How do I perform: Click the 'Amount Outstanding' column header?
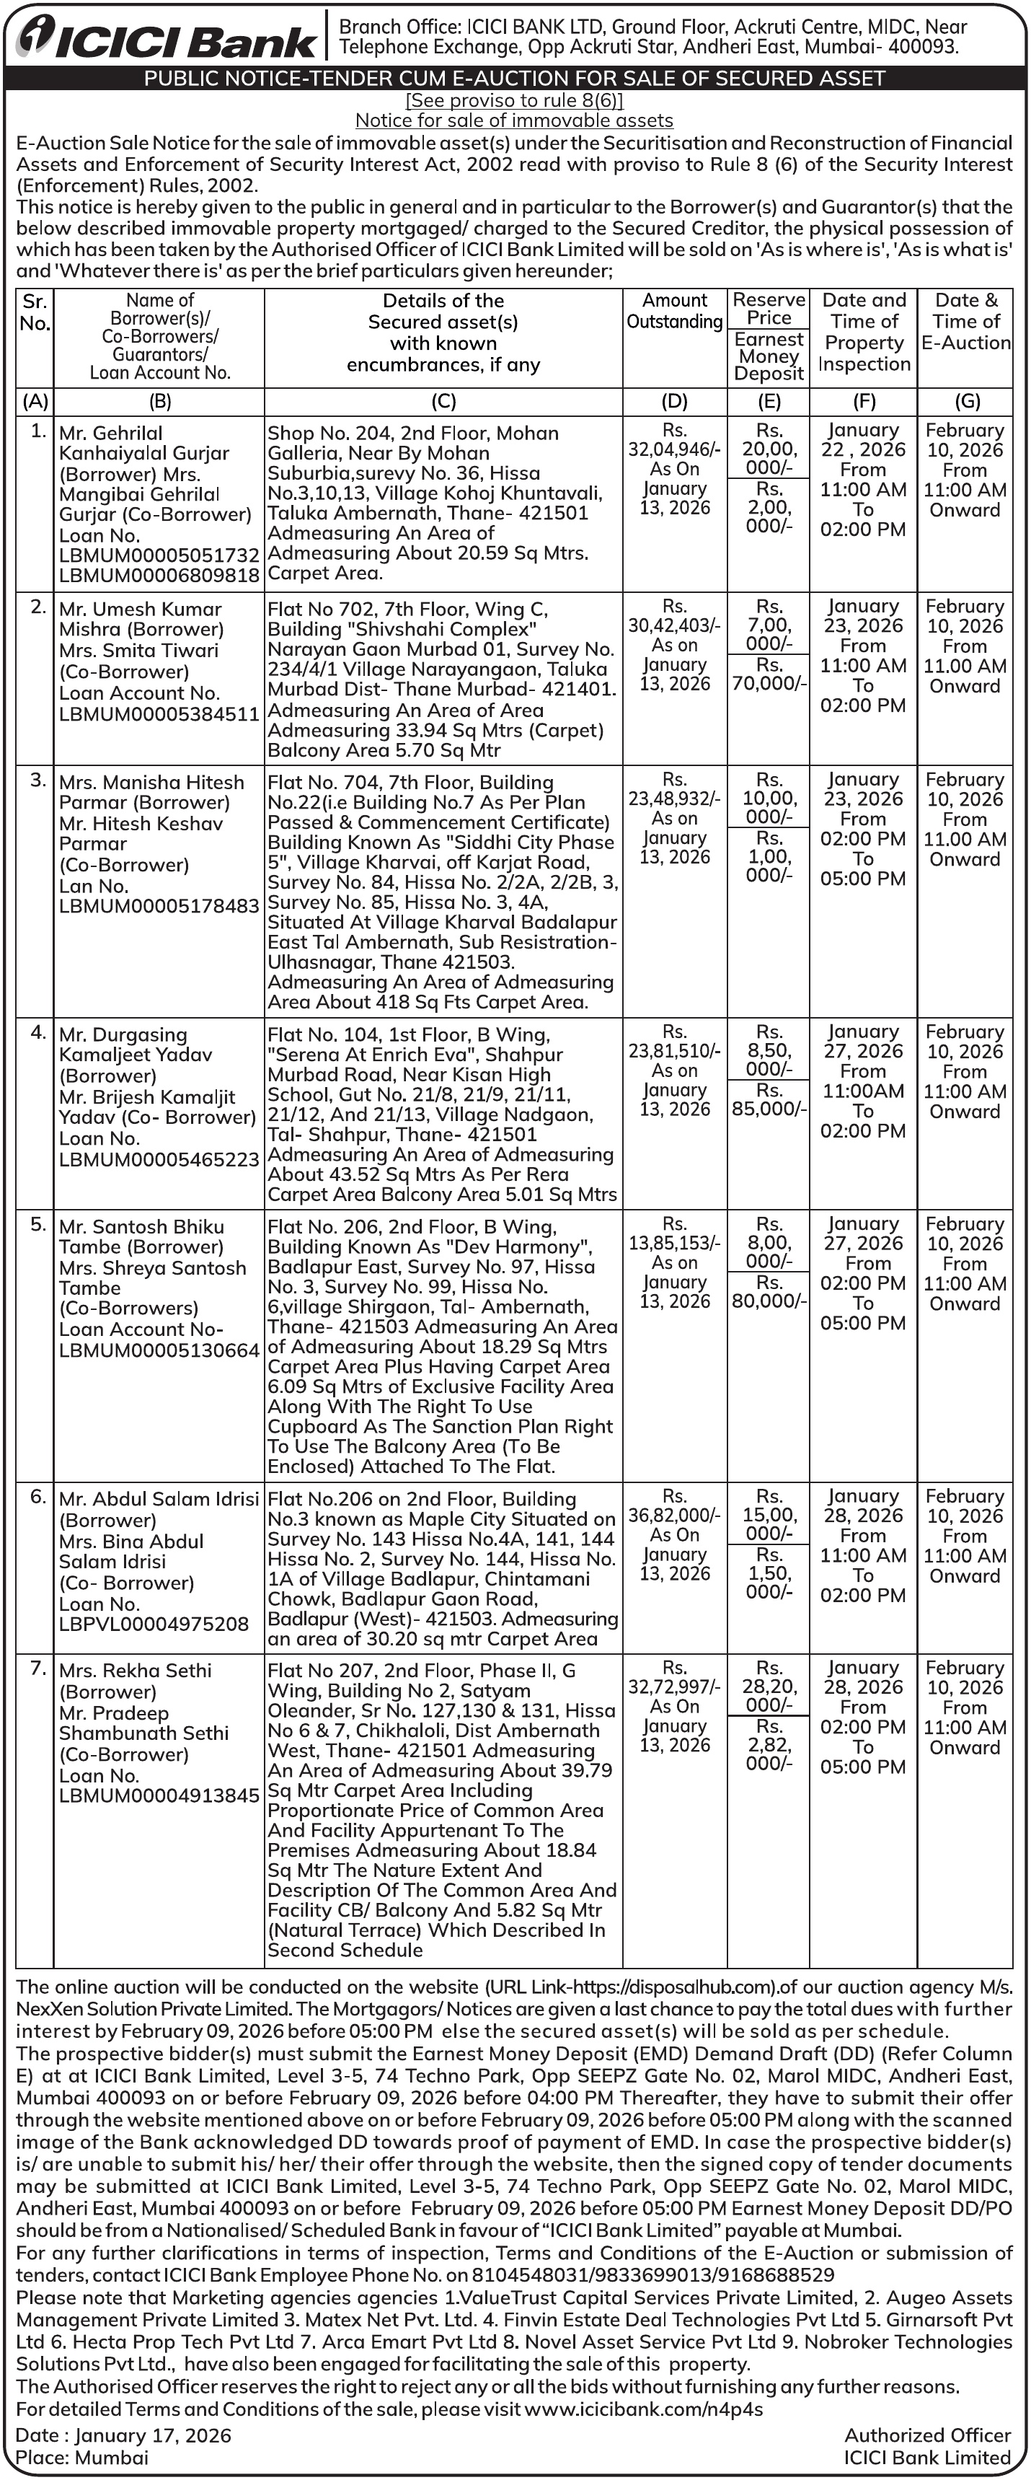(x=674, y=311)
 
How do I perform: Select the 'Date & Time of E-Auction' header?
(x=965, y=322)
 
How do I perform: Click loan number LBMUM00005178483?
(x=159, y=906)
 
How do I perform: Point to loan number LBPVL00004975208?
(x=154, y=1624)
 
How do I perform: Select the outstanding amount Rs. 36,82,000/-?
(x=674, y=1516)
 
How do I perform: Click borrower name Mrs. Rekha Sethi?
(x=135, y=1671)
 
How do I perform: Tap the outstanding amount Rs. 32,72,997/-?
(x=674, y=1686)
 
